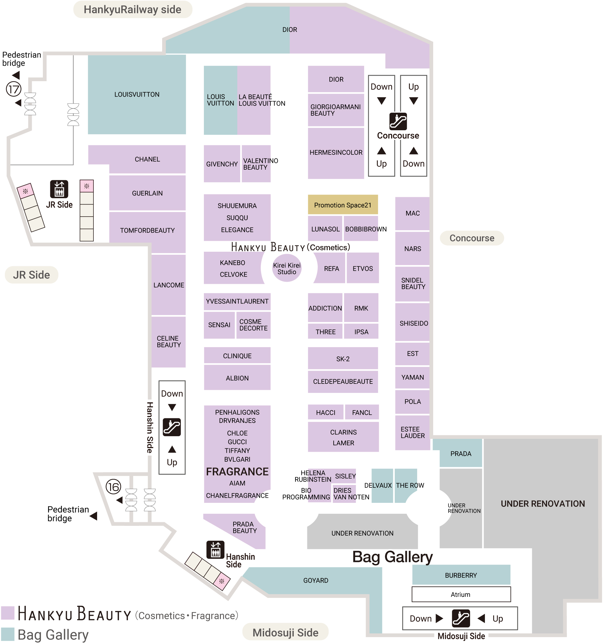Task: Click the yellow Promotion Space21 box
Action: click(x=343, y=205)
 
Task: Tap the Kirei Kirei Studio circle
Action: click(x=287, y=268)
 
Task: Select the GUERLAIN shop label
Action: click(x=147, y=193)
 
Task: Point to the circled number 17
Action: click(x=14, y=89)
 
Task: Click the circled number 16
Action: click(x=113, y=486)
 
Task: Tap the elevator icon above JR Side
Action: click(x=59, y=189)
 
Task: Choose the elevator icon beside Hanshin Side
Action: click(x=215, y=549)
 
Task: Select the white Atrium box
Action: click(x=461, y=594)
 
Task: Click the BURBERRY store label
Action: click(x=461, y=575)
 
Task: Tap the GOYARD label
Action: click(x=316, y=580)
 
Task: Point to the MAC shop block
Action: click(x=413, y=213)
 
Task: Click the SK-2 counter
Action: click(x=343, y=359)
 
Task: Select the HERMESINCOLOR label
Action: click(x=336, y=152)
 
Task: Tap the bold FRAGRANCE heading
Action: click(x=237, y=472)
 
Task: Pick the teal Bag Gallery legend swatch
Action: click(x=8, y=634)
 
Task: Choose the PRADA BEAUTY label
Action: click(x=245, y=527)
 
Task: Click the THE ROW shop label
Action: click(x=410, y=485)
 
